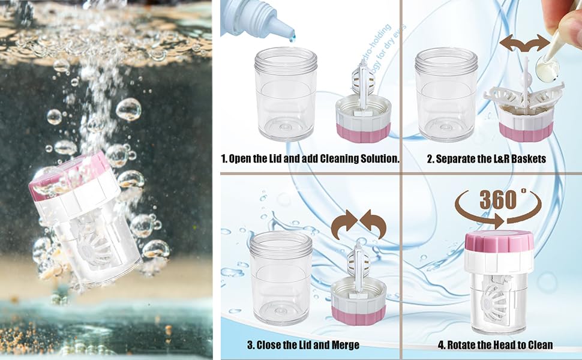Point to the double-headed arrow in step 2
click(x=525, y=44)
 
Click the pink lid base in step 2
click(x=524, y=132)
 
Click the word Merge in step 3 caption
click(x=344, y=345)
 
